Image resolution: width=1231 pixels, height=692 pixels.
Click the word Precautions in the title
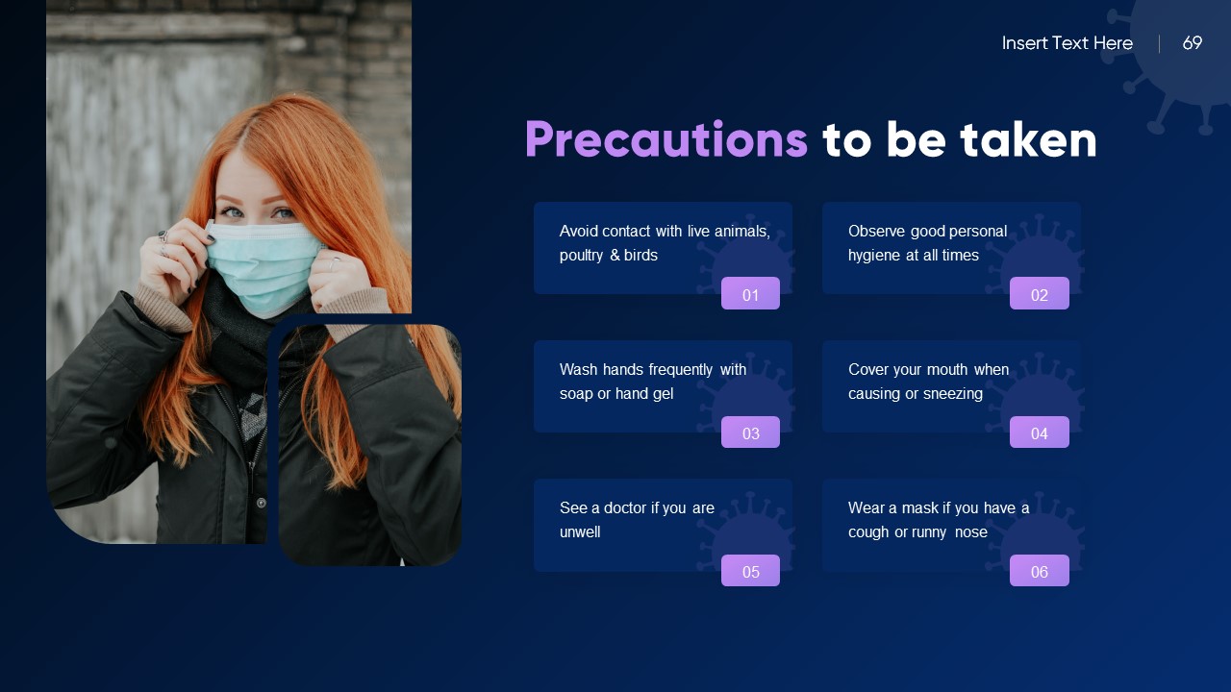point(666,140)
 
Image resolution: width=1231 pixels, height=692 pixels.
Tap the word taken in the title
point(1028,140)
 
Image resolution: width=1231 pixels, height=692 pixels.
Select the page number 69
point(1192,43)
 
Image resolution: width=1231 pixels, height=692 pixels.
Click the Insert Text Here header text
point(1067,43)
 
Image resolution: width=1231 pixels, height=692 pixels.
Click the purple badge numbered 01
point(750,294)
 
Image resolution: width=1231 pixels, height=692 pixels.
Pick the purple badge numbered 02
point(1039,294)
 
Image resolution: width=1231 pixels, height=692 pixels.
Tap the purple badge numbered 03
point(750,432)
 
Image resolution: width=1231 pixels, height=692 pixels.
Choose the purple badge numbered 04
point(1039,432)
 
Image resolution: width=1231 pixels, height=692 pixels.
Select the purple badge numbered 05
point(750,571)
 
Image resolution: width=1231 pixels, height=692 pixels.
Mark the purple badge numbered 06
point(1039,571)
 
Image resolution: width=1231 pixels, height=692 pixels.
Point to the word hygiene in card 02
point(874,256)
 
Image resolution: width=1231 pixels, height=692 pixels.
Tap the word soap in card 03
point(576,394)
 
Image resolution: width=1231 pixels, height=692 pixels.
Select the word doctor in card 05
point(624,507)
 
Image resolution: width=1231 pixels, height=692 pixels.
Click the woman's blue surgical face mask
point(262,264)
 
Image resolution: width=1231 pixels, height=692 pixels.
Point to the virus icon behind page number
point(1178,58)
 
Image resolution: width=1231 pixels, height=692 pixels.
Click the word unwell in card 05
point(580,532)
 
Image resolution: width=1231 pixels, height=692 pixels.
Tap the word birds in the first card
point(641,256)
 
